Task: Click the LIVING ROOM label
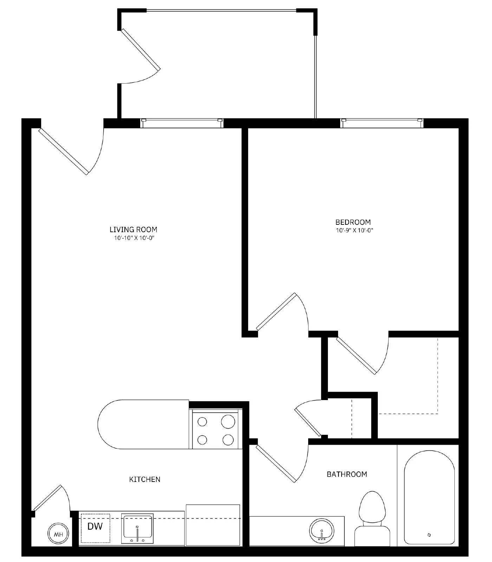tap(133, 229)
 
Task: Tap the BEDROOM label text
tap(353, 222)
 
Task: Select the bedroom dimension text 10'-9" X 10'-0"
tap(354, 231)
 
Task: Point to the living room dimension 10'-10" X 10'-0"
tap(134, 238)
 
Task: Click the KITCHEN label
tap(145, 479)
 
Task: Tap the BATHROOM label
tap(347, 474)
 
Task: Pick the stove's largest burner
tap(228, 421)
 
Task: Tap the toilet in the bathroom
tap(372, 516)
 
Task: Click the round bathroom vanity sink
tap(322, 531)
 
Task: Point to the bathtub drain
tap(429, 535)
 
